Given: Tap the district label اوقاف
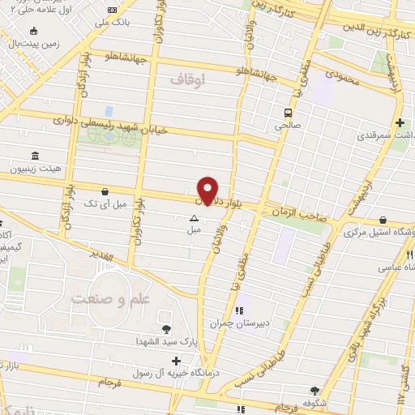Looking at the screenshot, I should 190,79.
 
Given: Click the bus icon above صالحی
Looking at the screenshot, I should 288,113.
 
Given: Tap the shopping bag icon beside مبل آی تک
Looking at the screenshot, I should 105,191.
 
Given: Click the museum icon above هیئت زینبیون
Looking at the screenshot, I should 34,155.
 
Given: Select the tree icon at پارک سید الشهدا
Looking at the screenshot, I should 167,328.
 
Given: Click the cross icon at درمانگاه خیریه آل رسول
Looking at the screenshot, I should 176,358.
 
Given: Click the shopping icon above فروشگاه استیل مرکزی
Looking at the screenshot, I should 383,220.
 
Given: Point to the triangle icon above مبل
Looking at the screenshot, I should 193,218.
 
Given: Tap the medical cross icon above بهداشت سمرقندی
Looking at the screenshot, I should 400,123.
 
